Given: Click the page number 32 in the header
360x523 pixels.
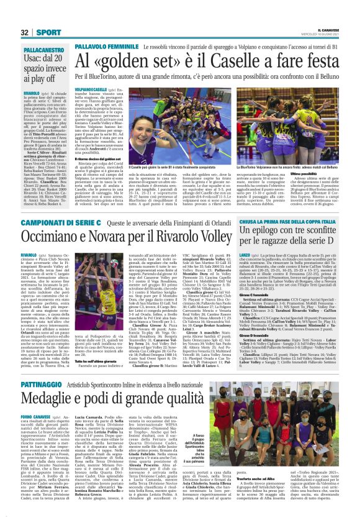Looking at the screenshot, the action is [x=25, y=32].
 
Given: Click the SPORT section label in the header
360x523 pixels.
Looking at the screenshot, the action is [x=48, y=32].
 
